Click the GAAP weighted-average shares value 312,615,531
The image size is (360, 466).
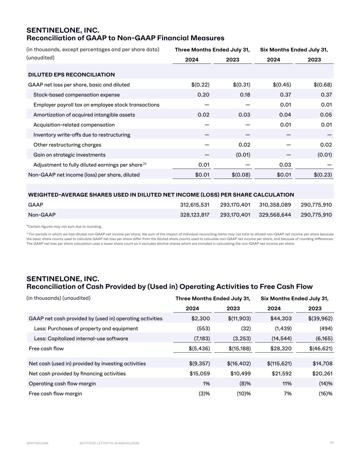pos(195,205)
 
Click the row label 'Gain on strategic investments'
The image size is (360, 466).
pos(69,155)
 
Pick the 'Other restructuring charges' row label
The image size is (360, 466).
pos(67,145)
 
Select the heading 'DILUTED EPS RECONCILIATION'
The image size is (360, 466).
pos(71,74)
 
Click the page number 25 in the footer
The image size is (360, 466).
pos(331,442)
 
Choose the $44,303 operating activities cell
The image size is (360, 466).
pos(281,319)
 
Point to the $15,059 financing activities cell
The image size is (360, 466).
pos(200,373)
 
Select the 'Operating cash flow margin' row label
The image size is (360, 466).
pos(62,383)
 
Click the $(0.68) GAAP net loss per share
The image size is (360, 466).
pos(322,85)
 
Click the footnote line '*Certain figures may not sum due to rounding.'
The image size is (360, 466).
pos(64,226)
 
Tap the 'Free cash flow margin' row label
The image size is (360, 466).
pos(55,394)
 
